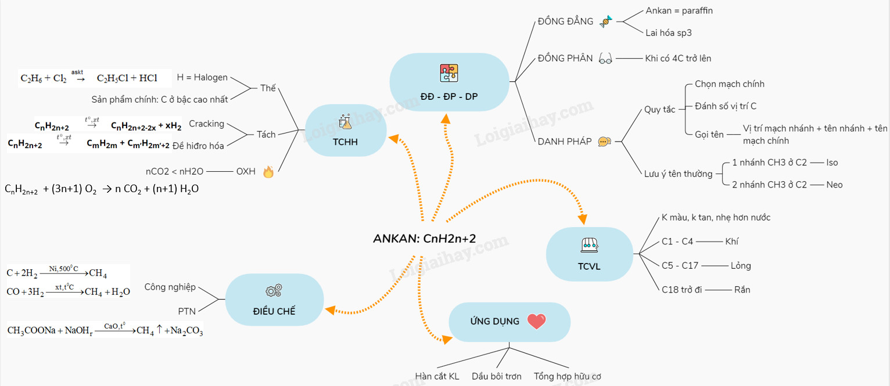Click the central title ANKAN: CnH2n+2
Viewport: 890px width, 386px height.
pos(424,239)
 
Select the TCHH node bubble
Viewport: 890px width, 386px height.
pos(346,130)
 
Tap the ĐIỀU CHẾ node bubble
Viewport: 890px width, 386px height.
pos(274,299)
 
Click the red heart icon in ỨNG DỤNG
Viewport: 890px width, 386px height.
pos(536,321)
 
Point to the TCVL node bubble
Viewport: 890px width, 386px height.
pos(589,254)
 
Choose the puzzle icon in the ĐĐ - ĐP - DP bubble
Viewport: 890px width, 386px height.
pos(449,73)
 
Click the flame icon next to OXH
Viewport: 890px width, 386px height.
pos(268,172)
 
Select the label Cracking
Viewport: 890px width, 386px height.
pos(206,124)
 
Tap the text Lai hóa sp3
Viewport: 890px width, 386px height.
pos(668,33)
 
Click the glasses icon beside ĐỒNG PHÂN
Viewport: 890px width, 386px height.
pos(605,59)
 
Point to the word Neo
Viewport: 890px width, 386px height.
pos(834,185)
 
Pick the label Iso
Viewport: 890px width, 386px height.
pos(832,163)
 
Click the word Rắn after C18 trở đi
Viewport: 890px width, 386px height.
pos(742,289)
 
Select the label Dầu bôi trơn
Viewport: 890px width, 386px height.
pos(496,376)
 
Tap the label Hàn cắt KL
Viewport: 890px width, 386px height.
pos(437,376)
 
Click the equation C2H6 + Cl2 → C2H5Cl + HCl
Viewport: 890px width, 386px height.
pos(88,78)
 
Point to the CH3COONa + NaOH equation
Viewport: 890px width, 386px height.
pos(105,330)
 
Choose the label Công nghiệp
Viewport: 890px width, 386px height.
pos(170,287)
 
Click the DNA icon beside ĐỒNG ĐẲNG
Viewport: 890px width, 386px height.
pos(605,21)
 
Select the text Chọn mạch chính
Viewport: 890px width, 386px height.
pos(729,84)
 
